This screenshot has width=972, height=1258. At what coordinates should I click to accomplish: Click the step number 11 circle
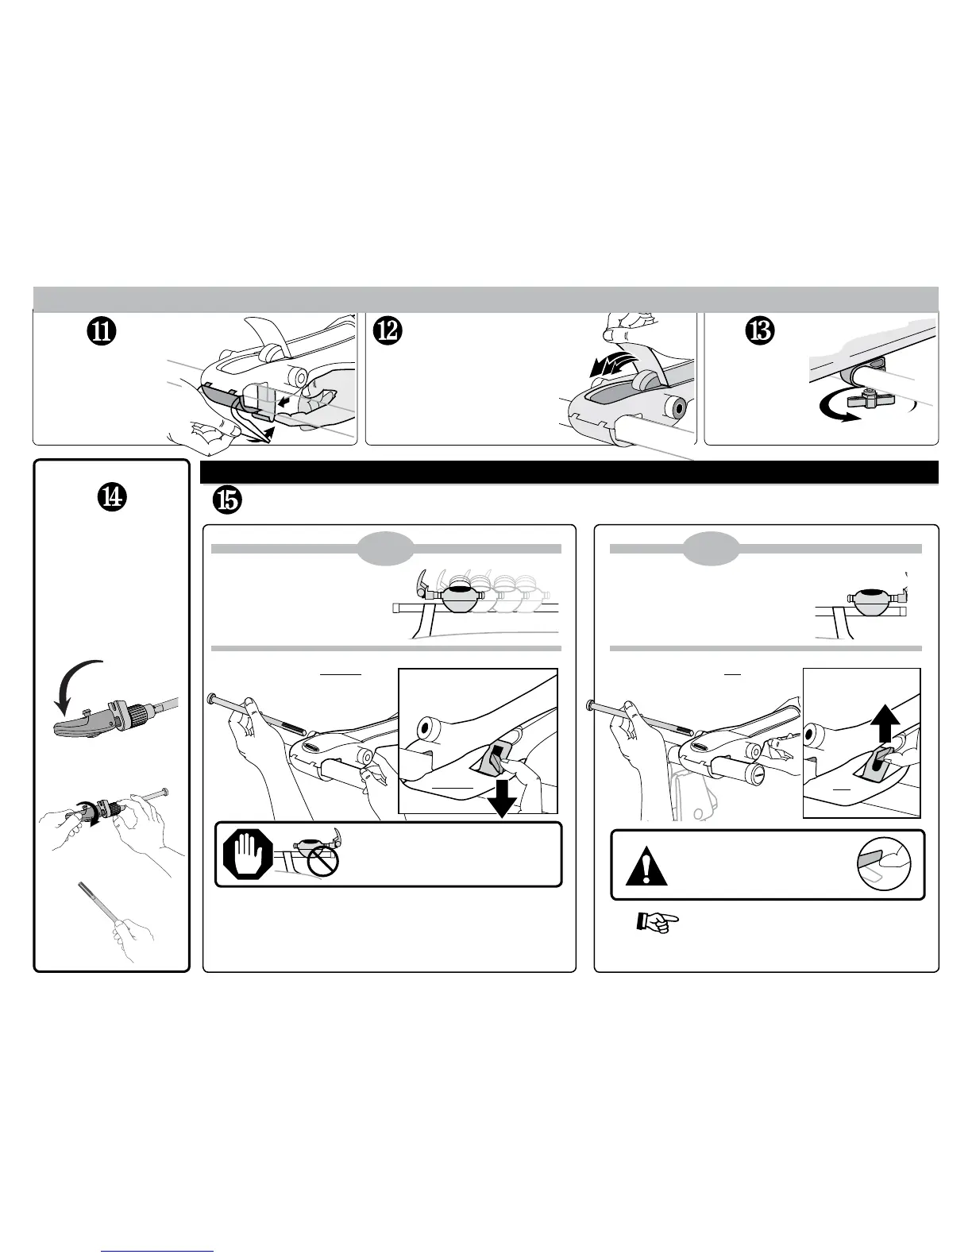(102, 332)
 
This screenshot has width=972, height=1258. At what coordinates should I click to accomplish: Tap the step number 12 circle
(391, 332)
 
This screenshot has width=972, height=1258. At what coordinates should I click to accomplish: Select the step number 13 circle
(760, 332)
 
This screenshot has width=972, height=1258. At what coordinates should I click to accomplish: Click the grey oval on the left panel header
(387, 548)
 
